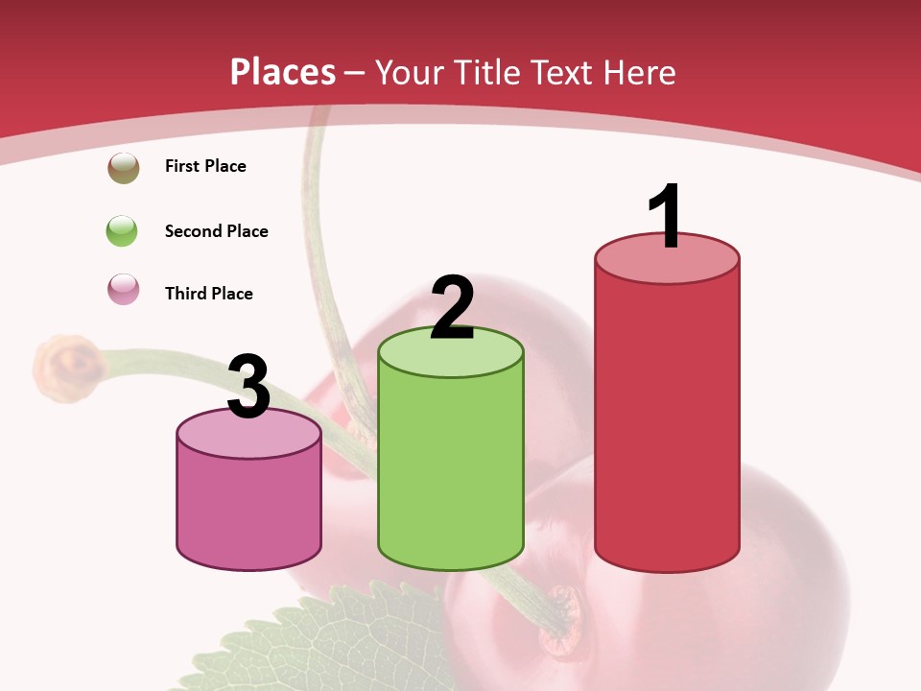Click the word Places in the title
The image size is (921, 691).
click(283, 72)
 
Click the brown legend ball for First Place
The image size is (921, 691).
click(123, 167)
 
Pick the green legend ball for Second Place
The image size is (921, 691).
click(123, 231)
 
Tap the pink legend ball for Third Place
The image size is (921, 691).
click(123, 290)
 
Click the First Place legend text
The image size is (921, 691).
click(205, 166)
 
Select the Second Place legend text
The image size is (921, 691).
click(216, 231)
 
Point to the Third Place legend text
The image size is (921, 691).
click(208, 294)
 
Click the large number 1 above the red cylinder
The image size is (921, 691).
click(666, 216)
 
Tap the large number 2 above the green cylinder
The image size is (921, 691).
click(453, 307)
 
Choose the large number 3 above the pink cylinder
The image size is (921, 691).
click(249, 387)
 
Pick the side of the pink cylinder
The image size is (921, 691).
click(249, 509)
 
